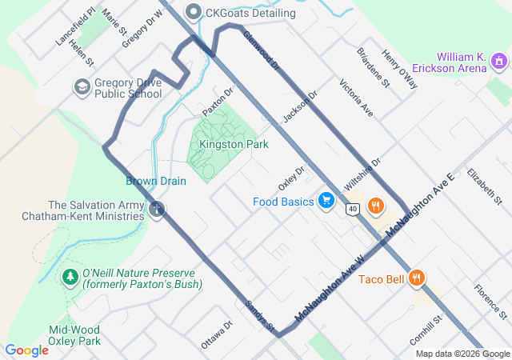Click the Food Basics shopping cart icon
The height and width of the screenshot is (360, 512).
click(326, 201)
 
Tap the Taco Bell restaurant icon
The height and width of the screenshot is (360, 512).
click(416, 278)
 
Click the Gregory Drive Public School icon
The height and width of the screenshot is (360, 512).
click(81, 86)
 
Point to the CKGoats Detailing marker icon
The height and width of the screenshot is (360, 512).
click(194, 13)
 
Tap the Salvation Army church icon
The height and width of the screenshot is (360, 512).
click(157, 210)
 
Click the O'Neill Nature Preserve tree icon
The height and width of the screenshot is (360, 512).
click(70, 278)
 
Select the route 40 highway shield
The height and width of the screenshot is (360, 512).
click(352, 209)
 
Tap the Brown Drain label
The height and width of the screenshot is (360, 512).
click(155, 181)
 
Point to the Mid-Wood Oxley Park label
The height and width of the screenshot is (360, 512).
click(74, 334)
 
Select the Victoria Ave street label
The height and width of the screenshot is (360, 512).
click(356, 98)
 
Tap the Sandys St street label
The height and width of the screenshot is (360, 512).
click(260, 318)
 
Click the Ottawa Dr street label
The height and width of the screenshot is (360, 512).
click(216, 335)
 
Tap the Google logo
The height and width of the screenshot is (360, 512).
click(26, 350)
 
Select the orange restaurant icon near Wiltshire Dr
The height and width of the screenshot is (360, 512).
click(374, 207)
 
